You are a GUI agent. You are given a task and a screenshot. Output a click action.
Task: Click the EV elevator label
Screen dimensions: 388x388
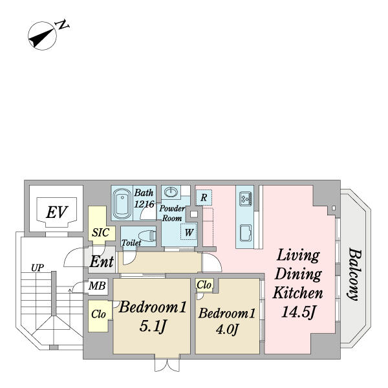point(57,212)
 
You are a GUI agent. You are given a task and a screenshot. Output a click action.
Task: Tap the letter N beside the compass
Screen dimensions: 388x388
point(61,25)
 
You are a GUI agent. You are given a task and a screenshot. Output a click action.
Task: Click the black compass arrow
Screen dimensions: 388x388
point(41,38)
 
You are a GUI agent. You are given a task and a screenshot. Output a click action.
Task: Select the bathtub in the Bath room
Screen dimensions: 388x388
point(122,203)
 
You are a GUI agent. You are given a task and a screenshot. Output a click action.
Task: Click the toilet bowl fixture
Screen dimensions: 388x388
point(147,236)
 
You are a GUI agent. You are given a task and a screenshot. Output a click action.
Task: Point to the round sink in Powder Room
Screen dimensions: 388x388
point(171,192)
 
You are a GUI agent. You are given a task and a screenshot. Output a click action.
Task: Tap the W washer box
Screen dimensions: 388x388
point(189,232)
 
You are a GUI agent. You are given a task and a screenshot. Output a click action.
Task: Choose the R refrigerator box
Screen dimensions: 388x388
point(204,197)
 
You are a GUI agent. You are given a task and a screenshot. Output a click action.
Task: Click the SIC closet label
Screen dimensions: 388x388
point(101,233)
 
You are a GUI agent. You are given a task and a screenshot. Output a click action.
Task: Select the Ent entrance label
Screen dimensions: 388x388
point(102,261)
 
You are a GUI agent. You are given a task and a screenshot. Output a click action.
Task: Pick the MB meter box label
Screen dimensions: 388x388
point(97,286)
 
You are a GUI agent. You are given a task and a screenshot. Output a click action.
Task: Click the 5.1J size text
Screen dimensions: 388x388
point(152,327)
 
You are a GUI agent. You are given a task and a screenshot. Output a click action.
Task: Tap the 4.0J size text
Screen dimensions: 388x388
point(227,329)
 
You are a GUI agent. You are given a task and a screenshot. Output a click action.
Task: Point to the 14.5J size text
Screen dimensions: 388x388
point(298,312)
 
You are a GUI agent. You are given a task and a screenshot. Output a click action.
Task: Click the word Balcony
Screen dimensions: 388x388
point(355,275)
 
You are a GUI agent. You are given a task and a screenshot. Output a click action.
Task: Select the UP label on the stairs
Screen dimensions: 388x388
point(38,268)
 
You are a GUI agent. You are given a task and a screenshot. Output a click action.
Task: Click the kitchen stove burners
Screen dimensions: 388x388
point(246,199)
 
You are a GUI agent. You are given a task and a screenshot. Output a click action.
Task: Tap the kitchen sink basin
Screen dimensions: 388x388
point(246,233)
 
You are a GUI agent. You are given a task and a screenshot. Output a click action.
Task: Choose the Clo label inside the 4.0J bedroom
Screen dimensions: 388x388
point(204,285)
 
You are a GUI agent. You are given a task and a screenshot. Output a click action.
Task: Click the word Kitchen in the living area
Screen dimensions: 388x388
point(297,293)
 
